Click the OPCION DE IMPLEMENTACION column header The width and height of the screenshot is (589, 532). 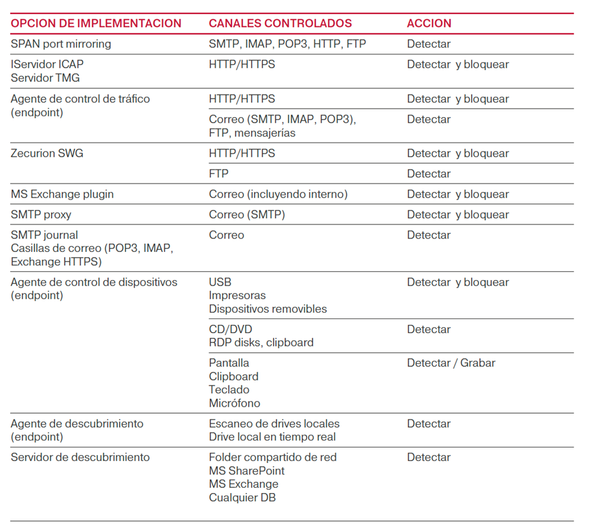(96, 24)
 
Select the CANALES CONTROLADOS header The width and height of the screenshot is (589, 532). (280, 24)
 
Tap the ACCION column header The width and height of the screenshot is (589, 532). (429, 24)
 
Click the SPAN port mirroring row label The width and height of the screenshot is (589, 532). (61, 44)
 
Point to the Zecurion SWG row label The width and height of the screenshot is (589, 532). (47, 153)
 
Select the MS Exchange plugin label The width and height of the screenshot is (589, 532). (62, 194)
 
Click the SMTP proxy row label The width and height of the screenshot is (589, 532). (41, 215)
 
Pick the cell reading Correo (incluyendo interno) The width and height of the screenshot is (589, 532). (278, 194)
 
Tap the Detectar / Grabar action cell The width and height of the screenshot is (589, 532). (451, 363)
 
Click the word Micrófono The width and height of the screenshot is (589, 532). (234, 403)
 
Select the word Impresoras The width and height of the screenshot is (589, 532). (237, 295)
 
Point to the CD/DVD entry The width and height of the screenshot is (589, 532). (230, 329)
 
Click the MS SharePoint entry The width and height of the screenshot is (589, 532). (247, 471)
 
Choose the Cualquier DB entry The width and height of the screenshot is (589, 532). (242, 497)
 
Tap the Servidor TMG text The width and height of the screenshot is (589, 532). (45, 78)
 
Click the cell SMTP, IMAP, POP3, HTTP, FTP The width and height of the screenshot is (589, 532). (287, 44)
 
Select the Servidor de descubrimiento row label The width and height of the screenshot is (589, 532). (80, 457)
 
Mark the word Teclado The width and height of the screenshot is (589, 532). (229, 390)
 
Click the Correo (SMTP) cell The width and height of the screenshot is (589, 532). (247, 215)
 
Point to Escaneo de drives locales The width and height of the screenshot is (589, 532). (274, 424)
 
